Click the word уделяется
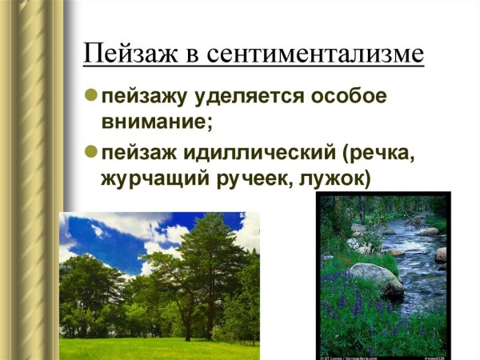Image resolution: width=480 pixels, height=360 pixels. pos(236,98)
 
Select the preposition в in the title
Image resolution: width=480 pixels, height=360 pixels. pos(190,56)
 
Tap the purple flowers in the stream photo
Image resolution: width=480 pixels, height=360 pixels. pos(352,308)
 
